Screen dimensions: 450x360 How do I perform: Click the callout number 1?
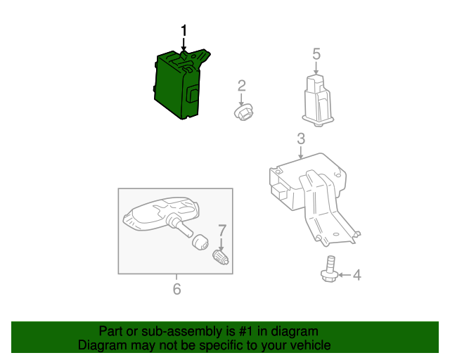pos(184,30)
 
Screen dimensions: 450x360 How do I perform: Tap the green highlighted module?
pos(179,84)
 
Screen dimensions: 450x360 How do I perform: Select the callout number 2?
pos(242,86)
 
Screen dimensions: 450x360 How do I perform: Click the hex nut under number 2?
pos(243,112)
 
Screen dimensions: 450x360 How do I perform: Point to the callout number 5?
pos(316,54)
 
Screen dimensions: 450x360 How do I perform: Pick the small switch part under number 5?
pos(318,101)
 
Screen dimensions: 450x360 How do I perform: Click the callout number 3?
pos(301,139)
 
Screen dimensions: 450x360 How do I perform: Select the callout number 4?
pos(356,275)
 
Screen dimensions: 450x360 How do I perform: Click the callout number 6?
pos(176,288)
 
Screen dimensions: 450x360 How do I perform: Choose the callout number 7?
pos(222,230)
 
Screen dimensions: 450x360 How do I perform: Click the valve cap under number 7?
pos(220,257)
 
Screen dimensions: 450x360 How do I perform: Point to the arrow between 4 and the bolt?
pos(345,275)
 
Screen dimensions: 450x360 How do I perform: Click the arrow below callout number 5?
pos(316,68)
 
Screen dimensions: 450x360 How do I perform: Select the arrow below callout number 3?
pos(300,152)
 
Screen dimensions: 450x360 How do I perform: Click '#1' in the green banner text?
pos(246,331)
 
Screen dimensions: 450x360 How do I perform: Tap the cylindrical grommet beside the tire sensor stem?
pos(200,242)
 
